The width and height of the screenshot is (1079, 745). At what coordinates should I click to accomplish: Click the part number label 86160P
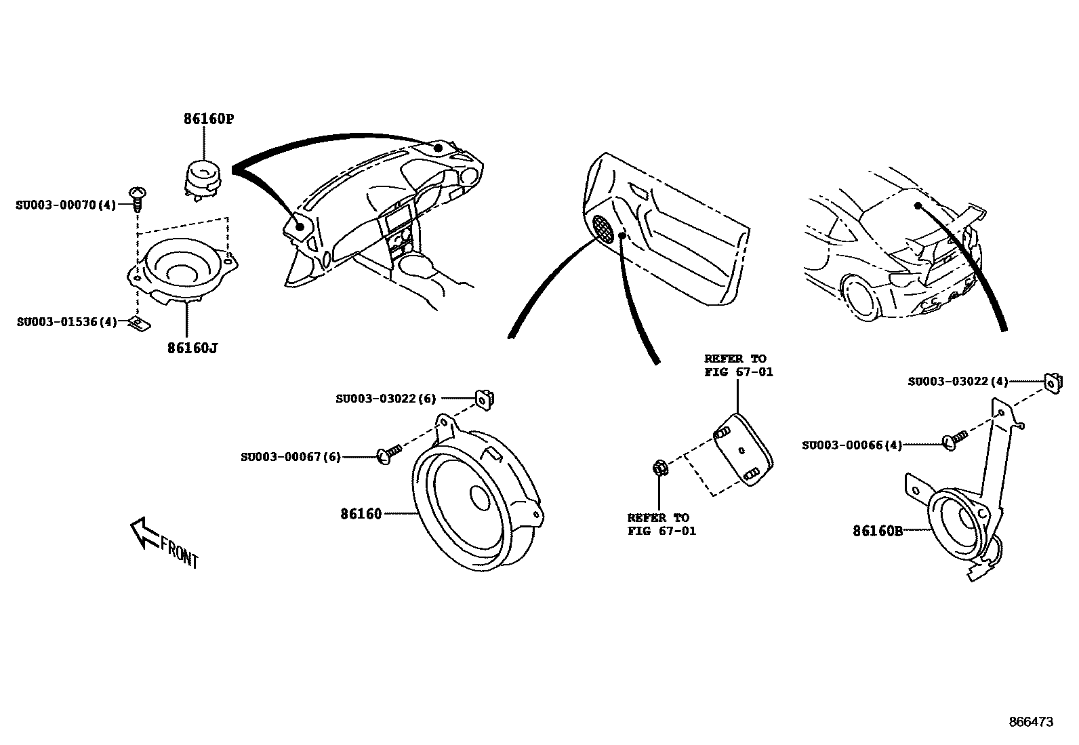(208, 119)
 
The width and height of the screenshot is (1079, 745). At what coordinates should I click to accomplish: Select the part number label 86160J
(192, 348)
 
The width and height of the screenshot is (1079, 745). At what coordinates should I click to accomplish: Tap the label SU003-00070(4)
(66, 204)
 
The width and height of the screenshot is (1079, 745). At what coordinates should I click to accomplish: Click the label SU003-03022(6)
(386, 399)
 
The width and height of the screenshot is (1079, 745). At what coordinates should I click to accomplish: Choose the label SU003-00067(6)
(291, 457)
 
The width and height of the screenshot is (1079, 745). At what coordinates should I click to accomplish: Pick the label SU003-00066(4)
(852, 445)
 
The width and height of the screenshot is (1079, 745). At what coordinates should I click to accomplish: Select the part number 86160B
(877, 531)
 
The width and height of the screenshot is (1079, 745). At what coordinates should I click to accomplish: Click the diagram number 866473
(1031, 723)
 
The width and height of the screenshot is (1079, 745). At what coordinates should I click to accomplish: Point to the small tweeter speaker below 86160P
(203, 178)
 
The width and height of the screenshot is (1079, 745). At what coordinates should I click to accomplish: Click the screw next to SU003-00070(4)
(138, 198)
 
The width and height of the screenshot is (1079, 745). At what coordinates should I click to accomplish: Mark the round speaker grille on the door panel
(603, 228)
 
